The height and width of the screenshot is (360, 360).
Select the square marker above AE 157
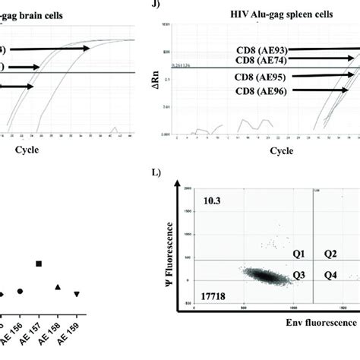click(39, 264)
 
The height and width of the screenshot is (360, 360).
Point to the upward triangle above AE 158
click(58, 286)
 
